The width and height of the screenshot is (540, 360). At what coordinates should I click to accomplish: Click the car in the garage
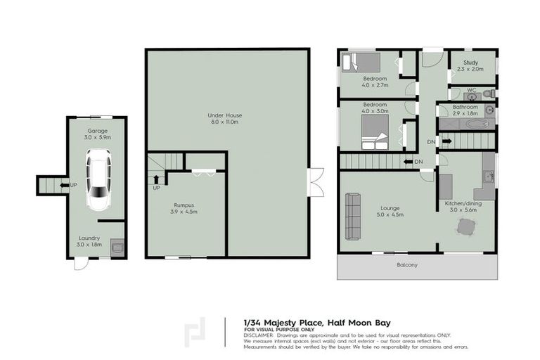[x=98, y=181]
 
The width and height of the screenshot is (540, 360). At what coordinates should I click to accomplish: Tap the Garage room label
[x=97, y=131]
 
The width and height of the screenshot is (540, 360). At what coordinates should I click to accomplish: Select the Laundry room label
[x=89, y=238]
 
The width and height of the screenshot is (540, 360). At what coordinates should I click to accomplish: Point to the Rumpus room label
[x=184, y=205]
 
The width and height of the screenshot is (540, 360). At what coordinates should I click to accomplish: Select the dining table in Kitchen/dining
[x=465, y=227]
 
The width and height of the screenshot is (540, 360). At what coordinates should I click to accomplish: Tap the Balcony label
[x=406, y=265]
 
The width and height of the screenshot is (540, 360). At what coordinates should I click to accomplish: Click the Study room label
[x=470, y=63]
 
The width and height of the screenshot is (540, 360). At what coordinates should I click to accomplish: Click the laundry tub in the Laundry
[x=117, y=247]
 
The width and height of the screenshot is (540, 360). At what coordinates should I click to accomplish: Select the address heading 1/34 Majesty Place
[x=283, y=323]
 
